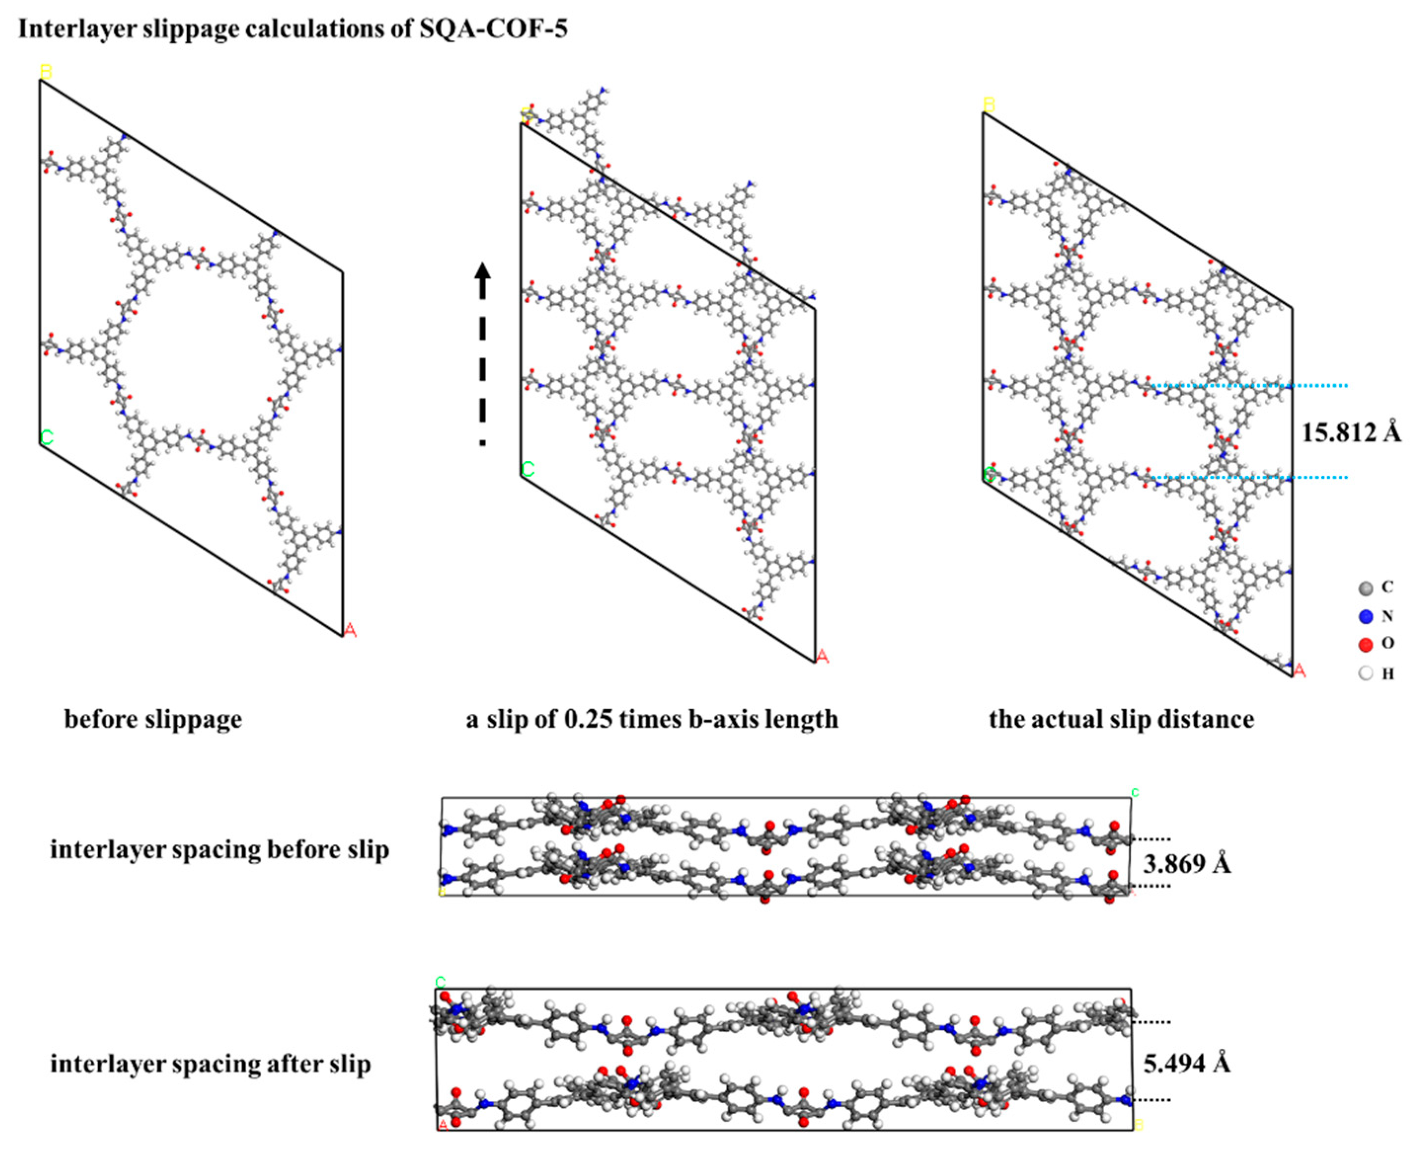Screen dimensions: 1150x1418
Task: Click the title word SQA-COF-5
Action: click(x=494, y=29)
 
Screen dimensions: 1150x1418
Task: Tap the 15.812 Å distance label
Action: click(x=1350, y=433)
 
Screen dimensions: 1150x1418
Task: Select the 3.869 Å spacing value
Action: click(x=1187, y=864)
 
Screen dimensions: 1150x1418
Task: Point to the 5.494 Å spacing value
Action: click(x=1187, y=1063)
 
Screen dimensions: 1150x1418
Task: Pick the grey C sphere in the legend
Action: click(x=1365, y=588)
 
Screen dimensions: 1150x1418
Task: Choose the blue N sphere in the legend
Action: click(x=1365, y=617)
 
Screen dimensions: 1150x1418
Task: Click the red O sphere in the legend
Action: click(x=1365, y=644)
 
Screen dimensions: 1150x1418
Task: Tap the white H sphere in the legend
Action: click(x=1365, y=674)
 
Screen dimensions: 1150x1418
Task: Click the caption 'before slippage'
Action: click(x=153, y=719)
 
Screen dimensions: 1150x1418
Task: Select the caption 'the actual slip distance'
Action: click(x=1121, y=719)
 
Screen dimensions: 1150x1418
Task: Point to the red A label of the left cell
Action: click(x=350, y=630)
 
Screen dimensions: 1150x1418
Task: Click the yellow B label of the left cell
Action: click(x=46, y=71)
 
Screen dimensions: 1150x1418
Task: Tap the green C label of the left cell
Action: click(x=46, y=437)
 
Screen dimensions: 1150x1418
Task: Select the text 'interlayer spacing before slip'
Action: click(x=219, y=850)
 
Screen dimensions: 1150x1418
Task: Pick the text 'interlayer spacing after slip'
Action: click(x=210, y=1064)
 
